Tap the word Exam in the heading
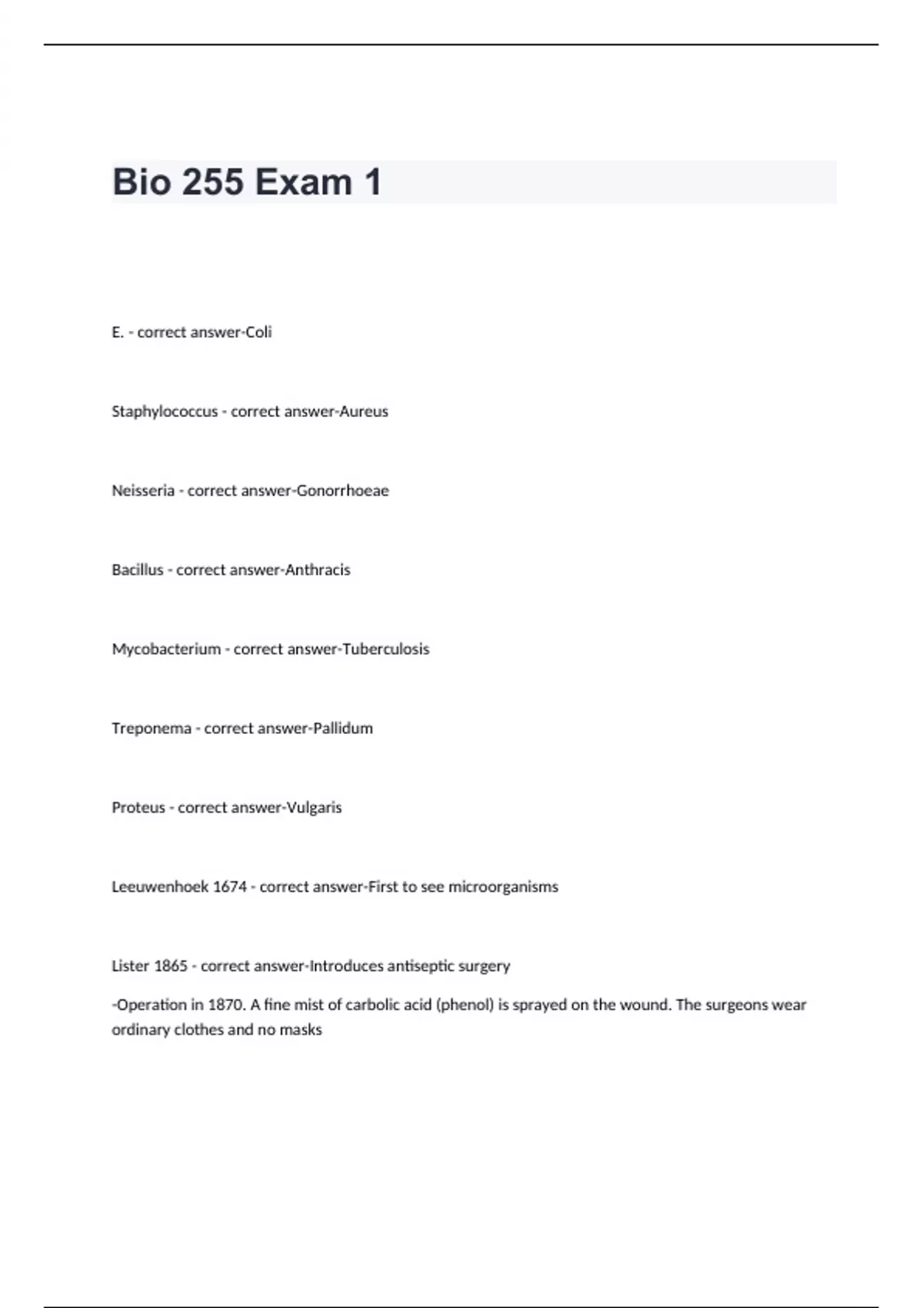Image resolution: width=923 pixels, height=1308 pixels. tap(303, 182)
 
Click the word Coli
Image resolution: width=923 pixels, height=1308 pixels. tap(258, 332)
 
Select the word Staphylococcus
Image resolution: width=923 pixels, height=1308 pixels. tap(165, 412)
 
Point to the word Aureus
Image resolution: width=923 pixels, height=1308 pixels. tap(364, 412)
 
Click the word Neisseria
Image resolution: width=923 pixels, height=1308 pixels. tap(143, 491)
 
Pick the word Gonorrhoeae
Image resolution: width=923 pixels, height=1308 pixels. tap(343, 491)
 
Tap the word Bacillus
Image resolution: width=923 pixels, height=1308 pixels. tap(138, 570)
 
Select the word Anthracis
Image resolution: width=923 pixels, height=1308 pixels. tap(318, 570)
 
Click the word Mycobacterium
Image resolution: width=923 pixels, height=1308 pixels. tap(166, 649)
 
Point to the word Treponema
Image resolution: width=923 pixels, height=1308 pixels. tap(152, 729)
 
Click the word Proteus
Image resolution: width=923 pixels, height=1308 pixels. tap(138, 808)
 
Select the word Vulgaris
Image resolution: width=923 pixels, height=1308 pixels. tap(314, 808)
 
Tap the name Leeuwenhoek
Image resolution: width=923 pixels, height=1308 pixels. tap(160, 887)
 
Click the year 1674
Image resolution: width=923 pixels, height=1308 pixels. tap(229, 887)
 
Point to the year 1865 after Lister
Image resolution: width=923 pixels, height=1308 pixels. tap(171, 966)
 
